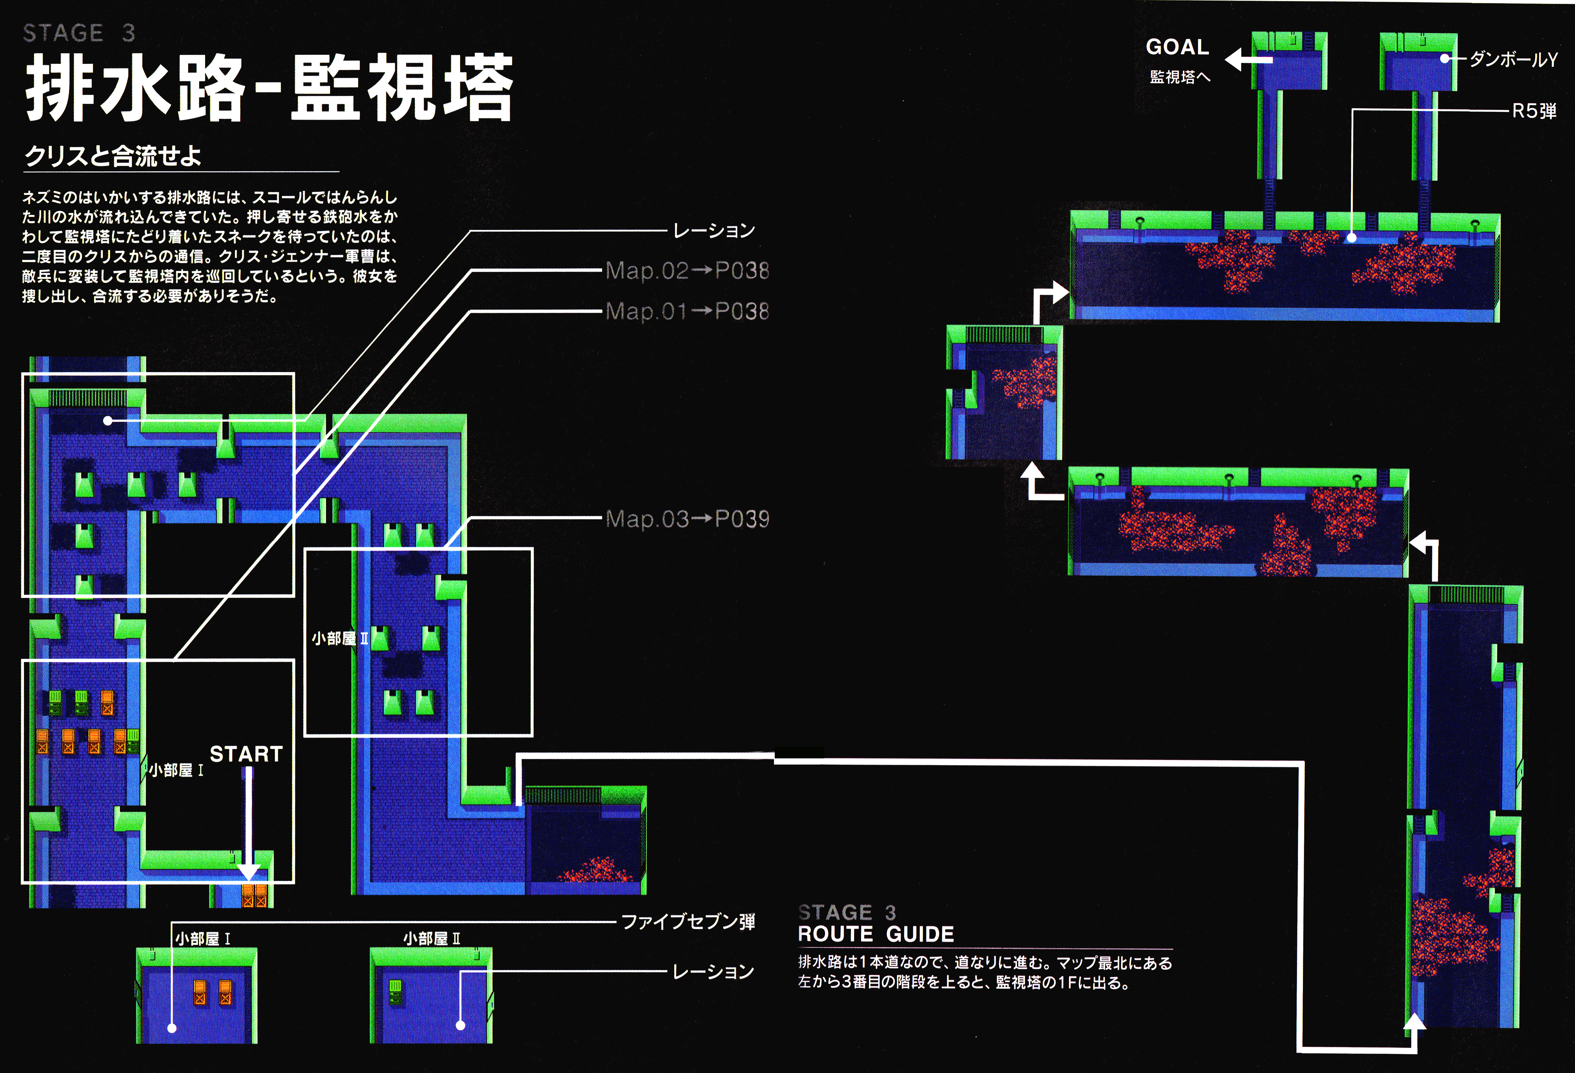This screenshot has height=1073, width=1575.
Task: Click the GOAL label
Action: pyautogui.click(x=1177, y=47)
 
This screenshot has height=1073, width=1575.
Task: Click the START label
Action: pyautogui.click(x=246, y=754)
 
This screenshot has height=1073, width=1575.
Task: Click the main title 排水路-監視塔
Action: pyautogui.click(x=269, y=88)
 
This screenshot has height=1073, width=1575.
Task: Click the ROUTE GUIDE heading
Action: pyautogui.click(x=875, y=934)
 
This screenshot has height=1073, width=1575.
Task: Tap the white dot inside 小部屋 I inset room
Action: pyautogui.click(x=172, y=1028)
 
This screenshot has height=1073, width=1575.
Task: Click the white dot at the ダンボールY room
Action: pyautogui.click(x=1444, y=59)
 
